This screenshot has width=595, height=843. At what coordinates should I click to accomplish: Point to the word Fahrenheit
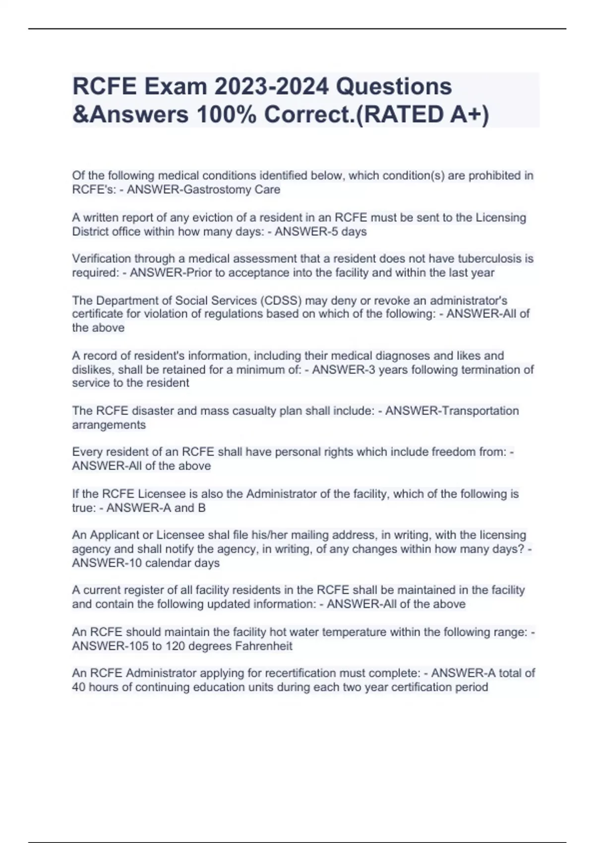pyautogui.click(x=263, y=646)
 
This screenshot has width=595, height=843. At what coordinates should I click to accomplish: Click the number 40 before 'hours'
pyautogui.click(x=78, y=687)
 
